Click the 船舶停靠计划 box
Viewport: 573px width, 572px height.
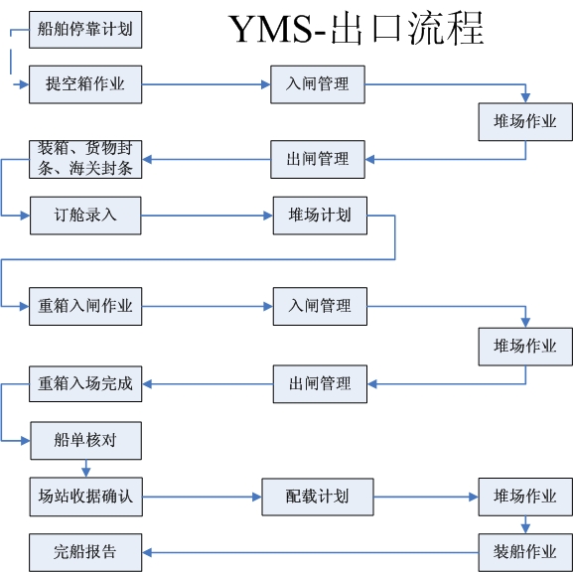[x=85, y=30]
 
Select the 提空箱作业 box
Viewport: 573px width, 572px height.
[x=85, y=84]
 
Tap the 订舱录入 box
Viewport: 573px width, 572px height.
[x=85, y=215]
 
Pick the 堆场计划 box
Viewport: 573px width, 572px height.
[x=320, y=215]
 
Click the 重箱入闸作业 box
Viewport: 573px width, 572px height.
[x=85, y=306]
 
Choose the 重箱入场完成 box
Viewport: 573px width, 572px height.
[x=85, y=383]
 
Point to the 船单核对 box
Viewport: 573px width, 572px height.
[x=85, y=441]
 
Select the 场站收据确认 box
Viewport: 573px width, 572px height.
[x=86, y=497]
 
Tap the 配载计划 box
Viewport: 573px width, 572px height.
[x=318, y=497]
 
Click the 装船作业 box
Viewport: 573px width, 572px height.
[x=525, y=552]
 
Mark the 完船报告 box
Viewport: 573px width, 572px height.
[x=85, y=552]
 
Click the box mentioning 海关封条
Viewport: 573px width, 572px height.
[x=85, y=159]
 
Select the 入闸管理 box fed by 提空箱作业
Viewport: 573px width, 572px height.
[x=318, y=84]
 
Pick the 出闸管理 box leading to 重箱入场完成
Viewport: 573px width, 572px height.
[x=320, y=383]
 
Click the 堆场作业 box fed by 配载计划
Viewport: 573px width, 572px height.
[x=525, y=497]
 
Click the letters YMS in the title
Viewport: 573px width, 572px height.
[x=271, y=29]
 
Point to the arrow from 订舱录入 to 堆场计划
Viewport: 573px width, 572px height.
[x=208, y=215]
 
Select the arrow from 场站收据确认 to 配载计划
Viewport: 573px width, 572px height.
[x=202, y=497]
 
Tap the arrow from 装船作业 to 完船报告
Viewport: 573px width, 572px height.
[x=310, y=552]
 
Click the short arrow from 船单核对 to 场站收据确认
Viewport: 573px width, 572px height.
[x=85, y=469]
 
